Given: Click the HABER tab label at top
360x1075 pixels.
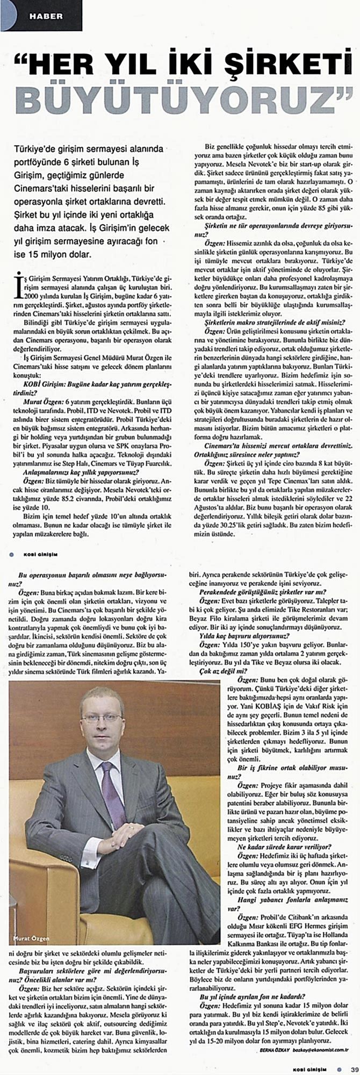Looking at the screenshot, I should click(x=45, y=16).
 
